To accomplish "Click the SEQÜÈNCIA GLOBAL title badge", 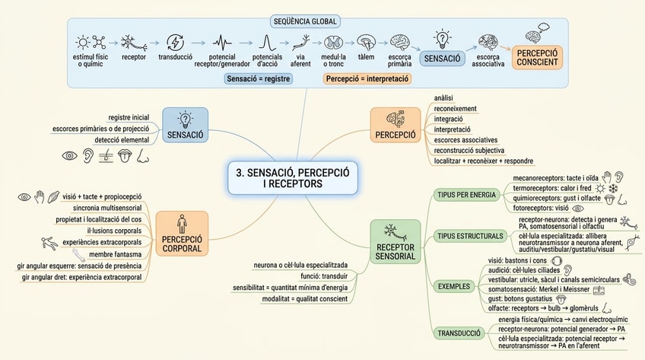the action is click(305, 21).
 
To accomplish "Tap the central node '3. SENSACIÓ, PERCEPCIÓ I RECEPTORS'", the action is click(293, 178).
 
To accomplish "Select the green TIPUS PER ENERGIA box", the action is click(466, 195).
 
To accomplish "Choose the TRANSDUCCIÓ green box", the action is click(459, 333).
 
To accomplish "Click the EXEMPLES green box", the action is click(454, 286).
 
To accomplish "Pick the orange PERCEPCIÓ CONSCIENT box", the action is click(537, 58).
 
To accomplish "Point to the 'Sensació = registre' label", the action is click(259, 78).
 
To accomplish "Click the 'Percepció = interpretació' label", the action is click(367, 78).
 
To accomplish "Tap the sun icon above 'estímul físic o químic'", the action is click(83, 42).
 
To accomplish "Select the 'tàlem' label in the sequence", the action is click(366, 57).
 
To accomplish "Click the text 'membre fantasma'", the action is click(115, 254).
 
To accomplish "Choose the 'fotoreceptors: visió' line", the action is click(541, 208).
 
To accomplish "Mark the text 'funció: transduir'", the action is click(324, 276).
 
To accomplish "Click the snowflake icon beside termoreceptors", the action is click(613, 189).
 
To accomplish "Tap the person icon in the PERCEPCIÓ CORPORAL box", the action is click(182, 224).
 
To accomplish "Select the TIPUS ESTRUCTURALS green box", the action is click(470, 236).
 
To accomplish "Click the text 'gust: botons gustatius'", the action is click(520, 298).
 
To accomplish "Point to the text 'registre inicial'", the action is click(129, 117).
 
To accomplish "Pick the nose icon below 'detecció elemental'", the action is click(142, 156).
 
